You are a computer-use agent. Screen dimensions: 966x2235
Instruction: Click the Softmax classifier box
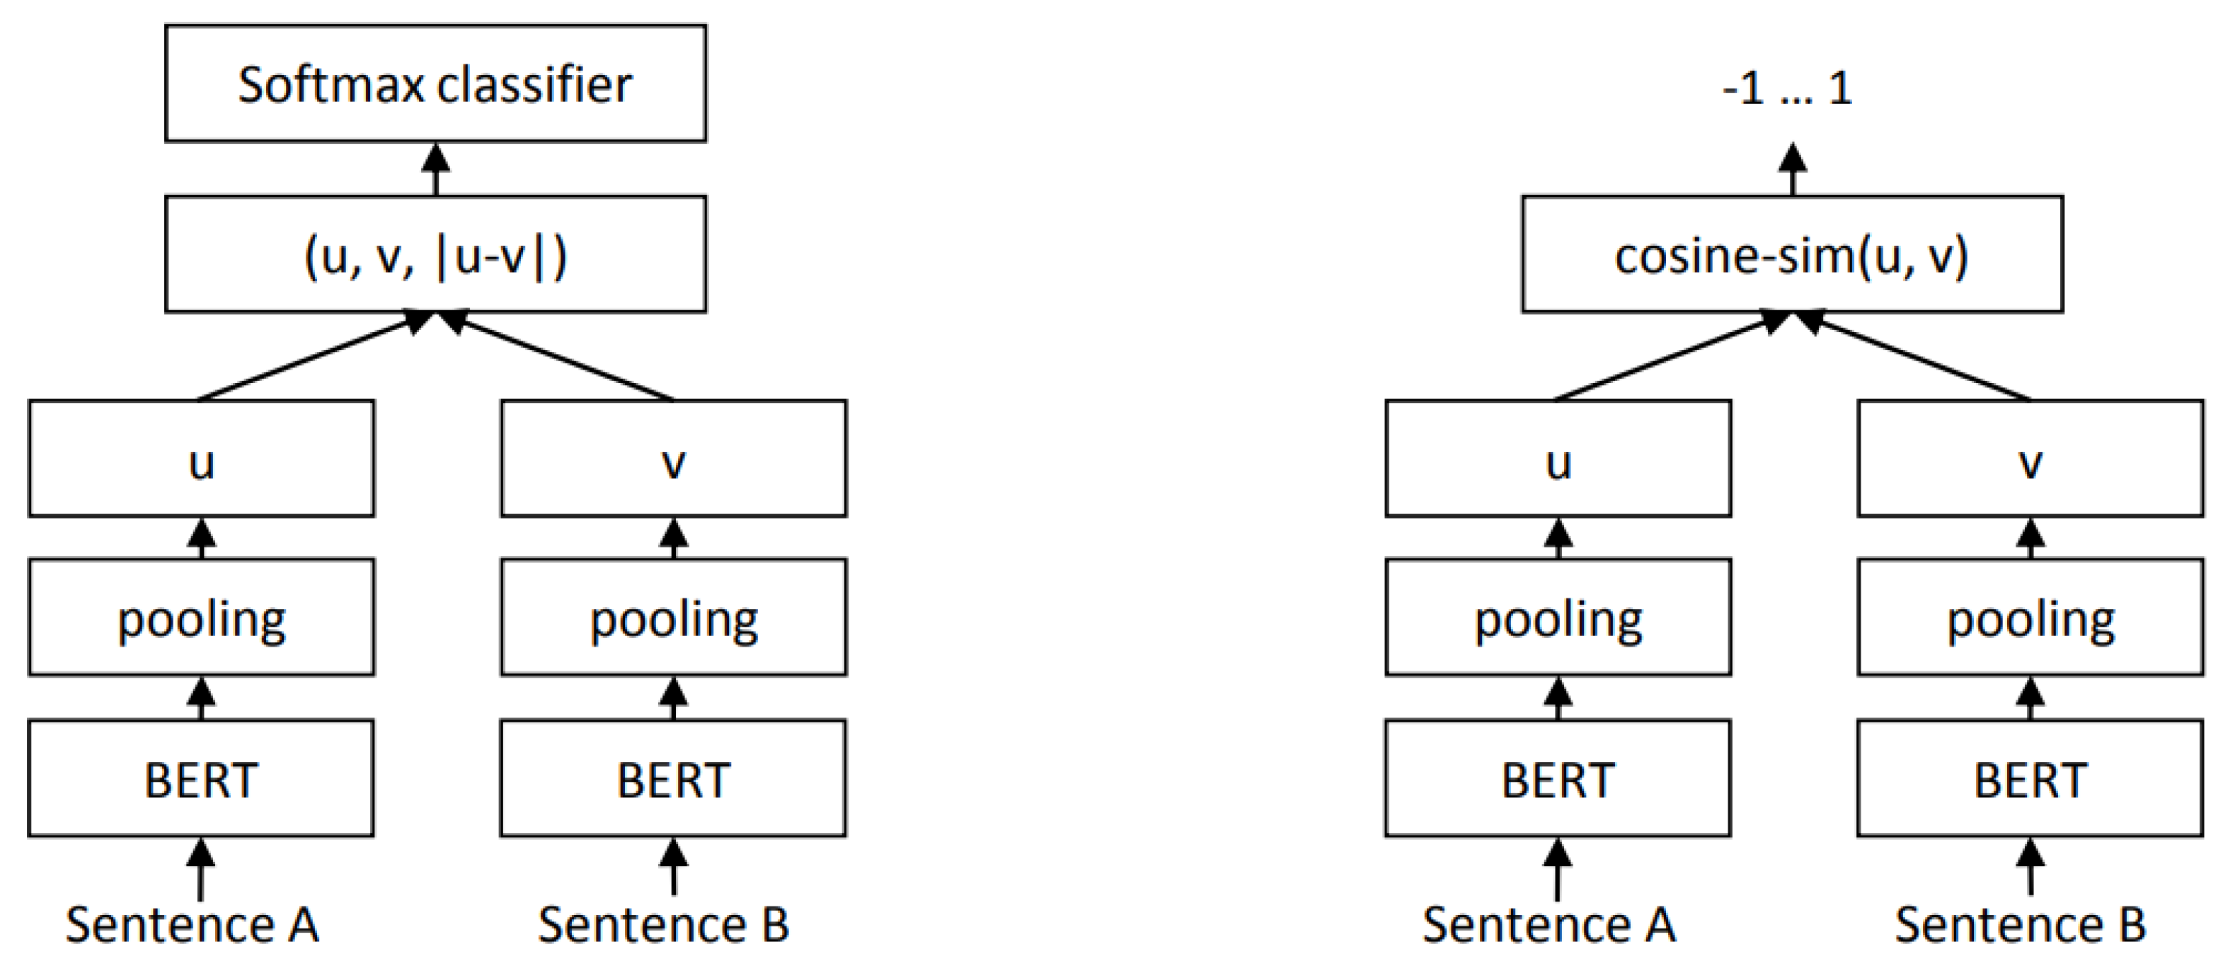point(435,84)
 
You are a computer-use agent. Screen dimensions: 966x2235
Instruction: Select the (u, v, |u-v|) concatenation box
point(435,254)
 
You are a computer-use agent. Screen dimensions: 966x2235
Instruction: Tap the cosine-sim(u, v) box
point(1792,254)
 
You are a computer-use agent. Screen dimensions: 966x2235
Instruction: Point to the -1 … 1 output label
point(1787,88)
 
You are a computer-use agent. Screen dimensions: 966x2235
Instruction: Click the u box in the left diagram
point(201,458)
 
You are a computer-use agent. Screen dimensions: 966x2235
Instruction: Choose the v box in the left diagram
point(673,458)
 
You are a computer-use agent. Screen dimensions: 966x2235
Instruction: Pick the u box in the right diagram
point(1558,458)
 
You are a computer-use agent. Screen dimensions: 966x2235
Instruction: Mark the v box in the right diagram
point(2030,458)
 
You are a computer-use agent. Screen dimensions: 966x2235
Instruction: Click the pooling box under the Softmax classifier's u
point(201,617)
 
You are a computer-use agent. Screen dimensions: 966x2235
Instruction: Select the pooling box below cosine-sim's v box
point(2030,617)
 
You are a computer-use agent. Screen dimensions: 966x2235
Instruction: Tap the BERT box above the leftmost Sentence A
point(201,778)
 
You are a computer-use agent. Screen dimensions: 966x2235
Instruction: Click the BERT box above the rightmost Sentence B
point(2030,778)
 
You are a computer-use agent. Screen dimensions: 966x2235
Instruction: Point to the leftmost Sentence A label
point(193,924)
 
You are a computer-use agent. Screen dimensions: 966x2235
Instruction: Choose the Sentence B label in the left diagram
point(664,924)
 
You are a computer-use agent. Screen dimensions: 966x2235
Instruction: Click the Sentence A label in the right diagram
point(1550,924)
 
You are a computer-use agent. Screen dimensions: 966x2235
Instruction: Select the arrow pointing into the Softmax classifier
point(435,169)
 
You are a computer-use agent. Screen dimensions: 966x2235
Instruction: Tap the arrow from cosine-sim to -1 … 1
point(1793,169)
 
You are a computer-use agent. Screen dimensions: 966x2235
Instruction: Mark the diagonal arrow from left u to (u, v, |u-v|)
point(312,358)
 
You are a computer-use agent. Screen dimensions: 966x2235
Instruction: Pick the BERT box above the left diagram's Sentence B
point(673,778)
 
